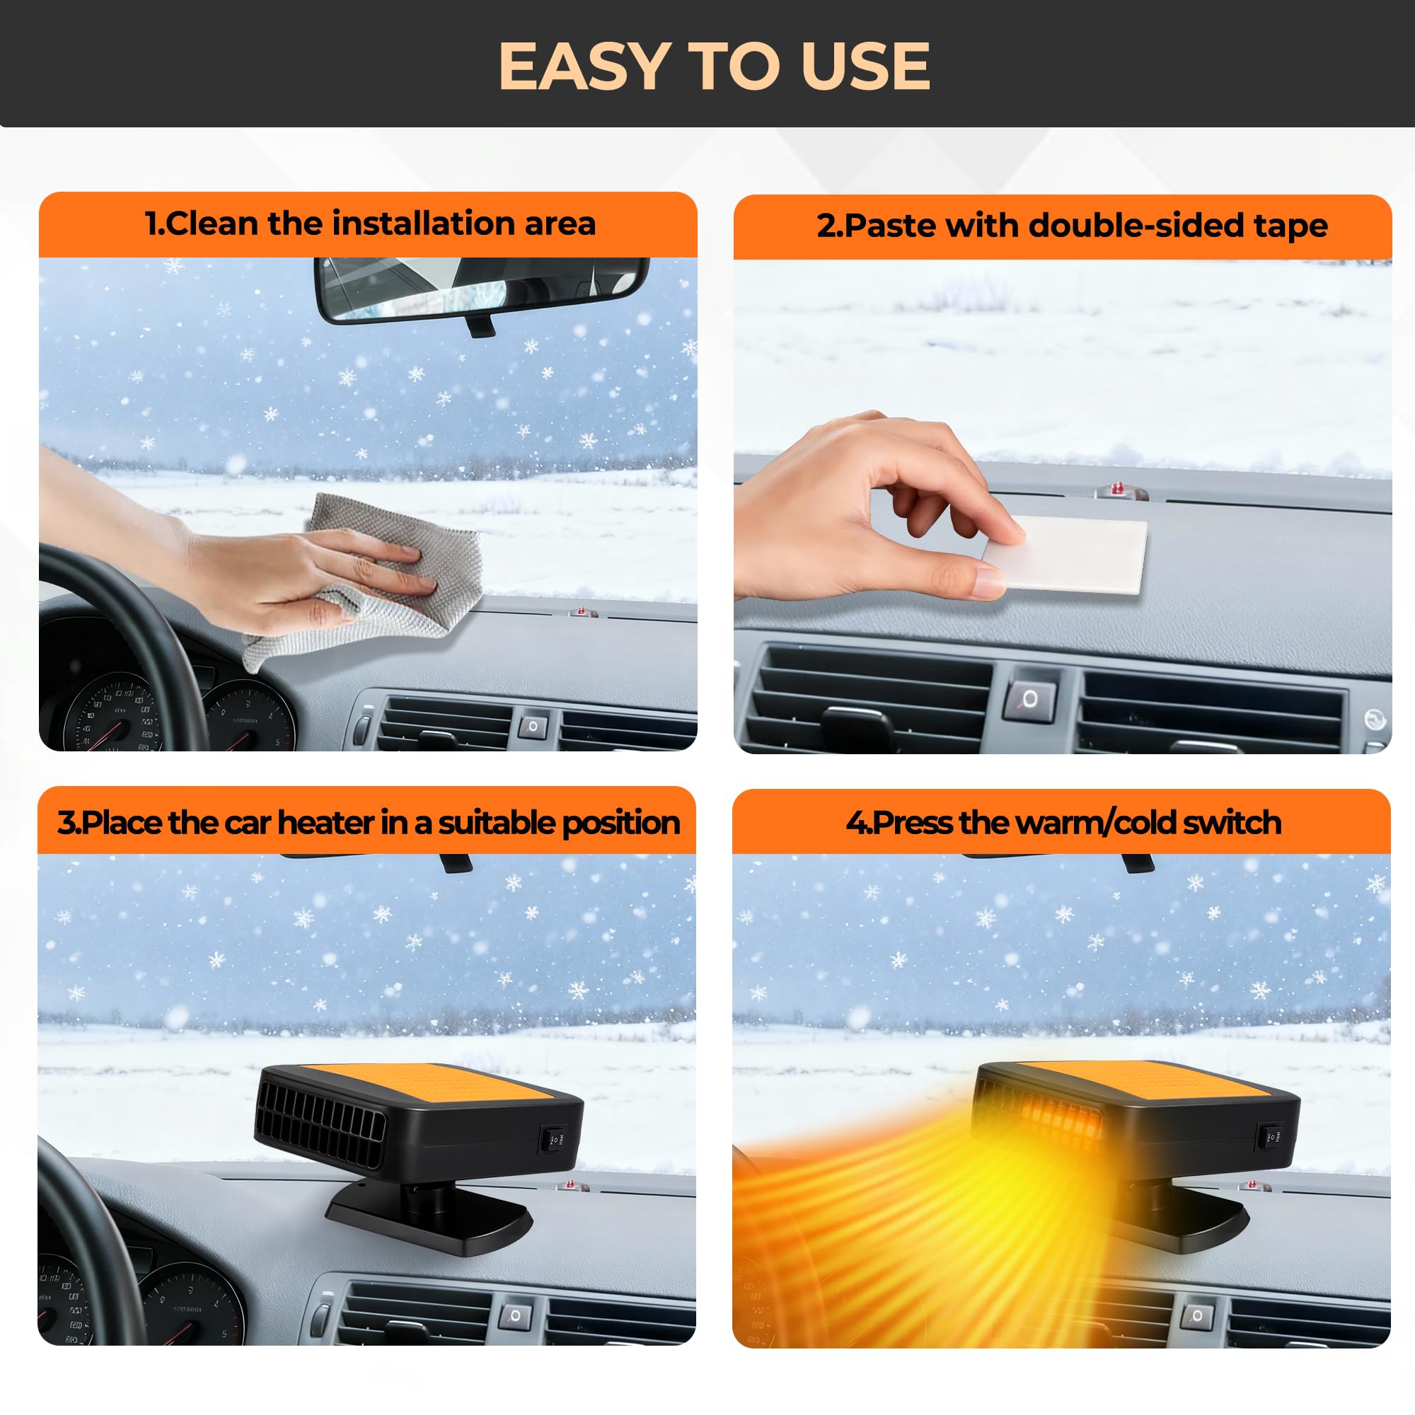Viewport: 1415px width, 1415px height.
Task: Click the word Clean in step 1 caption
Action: [x=213, y=224]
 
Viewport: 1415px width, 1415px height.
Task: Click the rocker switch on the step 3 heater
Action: [x=554, y=1139]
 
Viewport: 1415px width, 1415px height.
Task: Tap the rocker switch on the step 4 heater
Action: [x=1270, y=1136]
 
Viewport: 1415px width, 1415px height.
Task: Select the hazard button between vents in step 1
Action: [x=533, y=727]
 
